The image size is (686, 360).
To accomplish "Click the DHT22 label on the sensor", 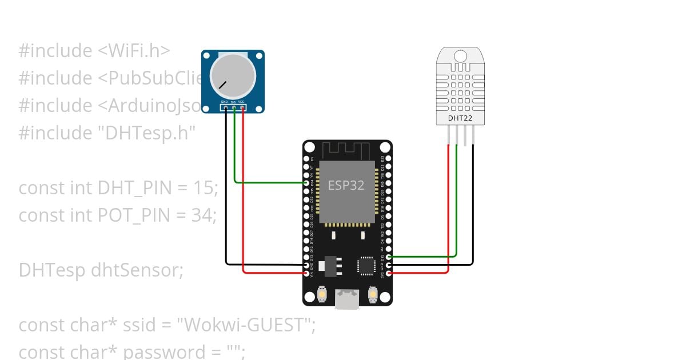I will tap(461, 118).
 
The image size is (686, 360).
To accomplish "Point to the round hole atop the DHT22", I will tap(461, 55).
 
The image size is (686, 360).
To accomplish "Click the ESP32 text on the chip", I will tap(346, 185).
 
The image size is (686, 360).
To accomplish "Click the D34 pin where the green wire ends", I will tap(307, 183).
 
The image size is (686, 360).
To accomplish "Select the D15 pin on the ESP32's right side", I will tap(389, 257).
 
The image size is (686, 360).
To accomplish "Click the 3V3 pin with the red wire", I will tap(389, 273).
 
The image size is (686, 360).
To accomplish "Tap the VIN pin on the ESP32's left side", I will tap(307, 273).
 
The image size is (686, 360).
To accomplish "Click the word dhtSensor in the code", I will tap(137, 270).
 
